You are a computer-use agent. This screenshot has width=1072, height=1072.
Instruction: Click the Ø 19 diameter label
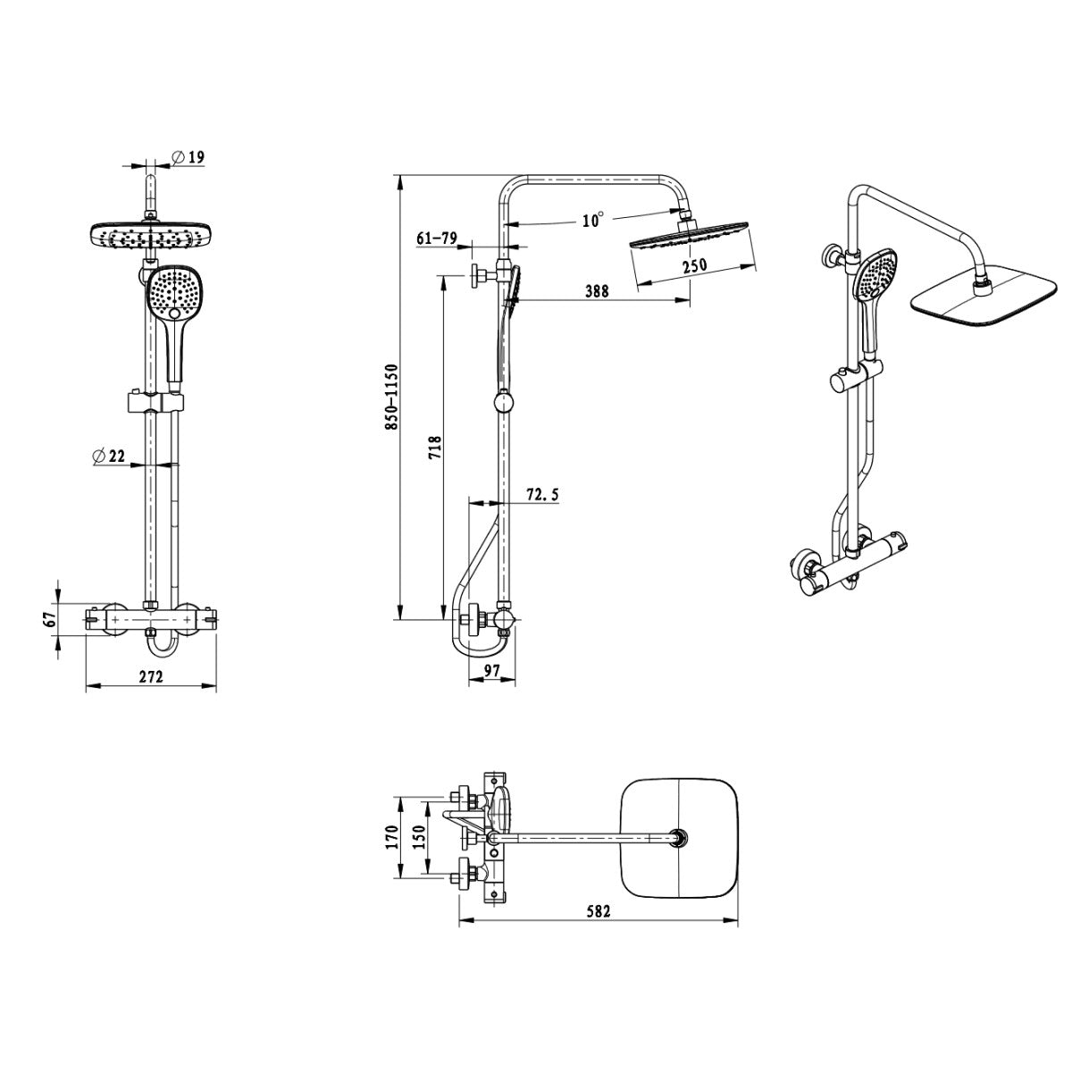pos(188,157)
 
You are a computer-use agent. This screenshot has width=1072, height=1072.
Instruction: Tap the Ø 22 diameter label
pos(109,456)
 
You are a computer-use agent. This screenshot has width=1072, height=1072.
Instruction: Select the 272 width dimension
pos(151,676)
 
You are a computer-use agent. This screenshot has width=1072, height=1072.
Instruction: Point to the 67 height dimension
pos(50,618)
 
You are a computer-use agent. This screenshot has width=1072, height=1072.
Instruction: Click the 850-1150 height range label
pos(391,397)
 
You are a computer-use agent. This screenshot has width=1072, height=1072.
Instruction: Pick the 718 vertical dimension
pos(434,448)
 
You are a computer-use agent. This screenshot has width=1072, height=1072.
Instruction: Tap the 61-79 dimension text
pos(437,239)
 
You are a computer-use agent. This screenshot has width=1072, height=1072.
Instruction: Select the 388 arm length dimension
pos(597,290)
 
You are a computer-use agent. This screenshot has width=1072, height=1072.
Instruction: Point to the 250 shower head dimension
pos(695,264)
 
